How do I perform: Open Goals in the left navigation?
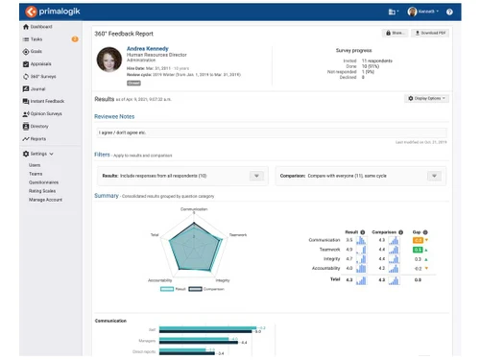click(x=36, y=51)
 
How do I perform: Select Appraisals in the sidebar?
click(x=41, y=63)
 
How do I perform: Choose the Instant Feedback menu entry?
click(x=48, y=101)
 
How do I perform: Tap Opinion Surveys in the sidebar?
click(x=48, y=113)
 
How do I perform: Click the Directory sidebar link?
click(x=39, y=126)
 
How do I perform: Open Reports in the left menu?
click(x=37, y=138)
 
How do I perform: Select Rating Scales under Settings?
click(x=43, y=190)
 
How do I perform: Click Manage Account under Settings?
click(x=46, y=199)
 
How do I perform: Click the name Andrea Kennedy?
click(x=149, y=47)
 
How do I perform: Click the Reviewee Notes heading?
click(x=115, y=115)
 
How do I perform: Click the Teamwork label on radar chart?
click(x=239, y=235)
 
